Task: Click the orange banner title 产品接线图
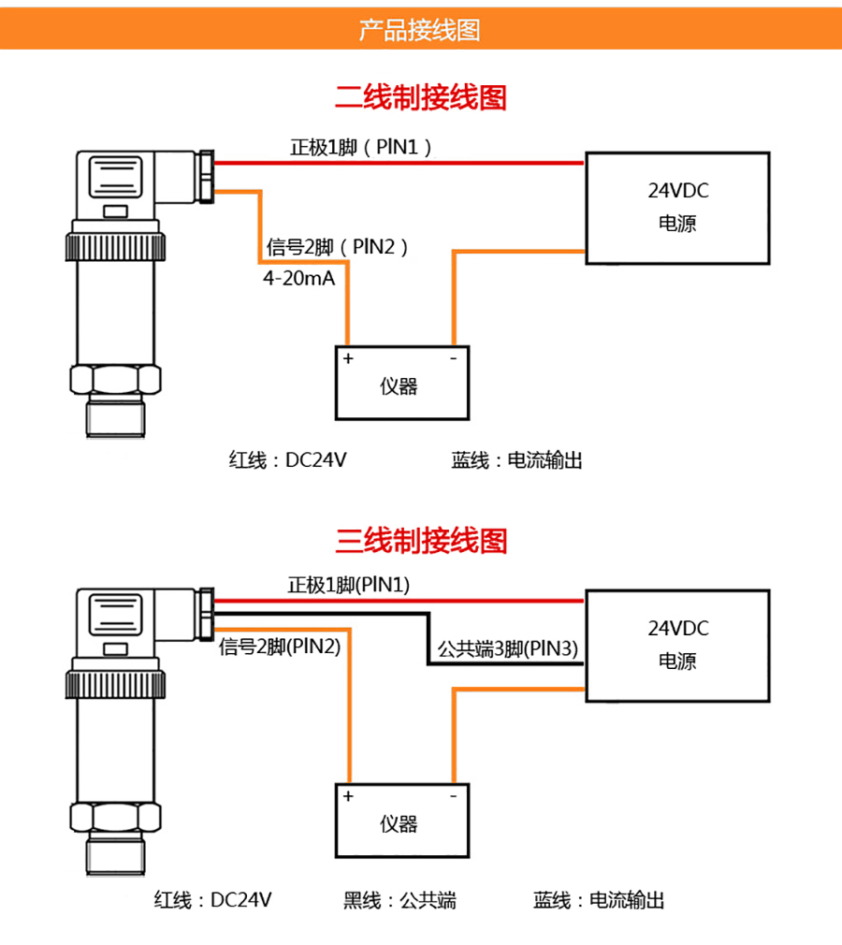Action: click(420, 30)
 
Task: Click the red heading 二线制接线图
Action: click(421, 97)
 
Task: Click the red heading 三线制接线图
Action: click(421, 541)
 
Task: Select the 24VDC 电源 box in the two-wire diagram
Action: click(678, 207)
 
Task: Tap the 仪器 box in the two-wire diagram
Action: click(401, 384)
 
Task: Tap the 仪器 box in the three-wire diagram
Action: click(401, 821)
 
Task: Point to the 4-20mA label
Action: click(298, 279)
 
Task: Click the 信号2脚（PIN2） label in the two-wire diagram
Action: click(338, 247)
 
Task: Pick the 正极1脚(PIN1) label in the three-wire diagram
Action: click(349, 586)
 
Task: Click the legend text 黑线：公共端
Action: click(399, 900)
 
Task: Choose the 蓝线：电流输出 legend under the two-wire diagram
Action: click(516, 460)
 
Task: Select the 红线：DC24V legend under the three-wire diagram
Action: click(213, 900)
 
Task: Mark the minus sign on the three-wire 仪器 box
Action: click(453, 796)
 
